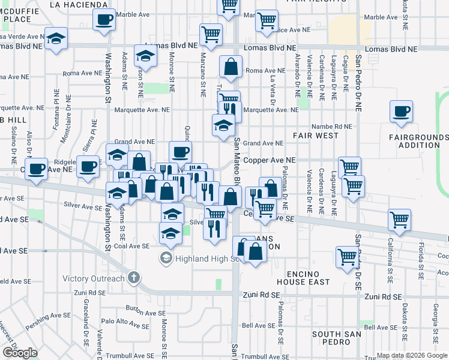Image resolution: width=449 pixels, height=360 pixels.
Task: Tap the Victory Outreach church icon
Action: tap(133, 278)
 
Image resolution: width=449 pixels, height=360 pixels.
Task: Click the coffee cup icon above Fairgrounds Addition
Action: tap(401, 112)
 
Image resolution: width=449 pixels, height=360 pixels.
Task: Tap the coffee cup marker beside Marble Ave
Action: tap(104, 19)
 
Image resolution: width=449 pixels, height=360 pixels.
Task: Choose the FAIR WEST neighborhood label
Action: tap(316, 136)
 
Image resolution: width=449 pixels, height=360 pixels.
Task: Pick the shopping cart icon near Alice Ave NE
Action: tap(267, 21)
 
